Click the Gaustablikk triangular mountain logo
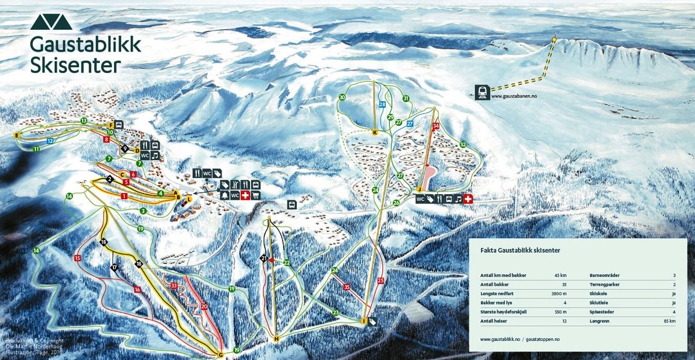(51, 22)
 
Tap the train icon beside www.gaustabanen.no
(482, 92)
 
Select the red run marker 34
(436, 126)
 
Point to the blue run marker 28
(382, 104)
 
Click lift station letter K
(375, 132)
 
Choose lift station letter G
(220, 354)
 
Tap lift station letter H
(276, 339)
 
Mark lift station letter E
(16, 135)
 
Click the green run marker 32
(463, 144)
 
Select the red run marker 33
(174, 285)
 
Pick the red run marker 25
(381, 280)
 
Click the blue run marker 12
(50, 140)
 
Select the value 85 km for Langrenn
(669, 321)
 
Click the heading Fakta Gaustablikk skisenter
(520, 251)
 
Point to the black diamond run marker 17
(114, 267)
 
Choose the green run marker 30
(342, 98)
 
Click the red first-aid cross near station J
(467, 199)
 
